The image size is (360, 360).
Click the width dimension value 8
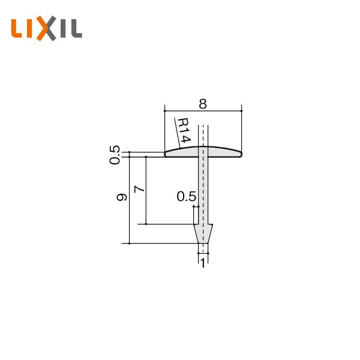203,103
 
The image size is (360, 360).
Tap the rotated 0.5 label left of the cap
115,154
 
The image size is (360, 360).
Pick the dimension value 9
122,197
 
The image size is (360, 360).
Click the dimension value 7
139,189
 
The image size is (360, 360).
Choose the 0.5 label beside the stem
186,196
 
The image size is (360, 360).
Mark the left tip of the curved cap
167,154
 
